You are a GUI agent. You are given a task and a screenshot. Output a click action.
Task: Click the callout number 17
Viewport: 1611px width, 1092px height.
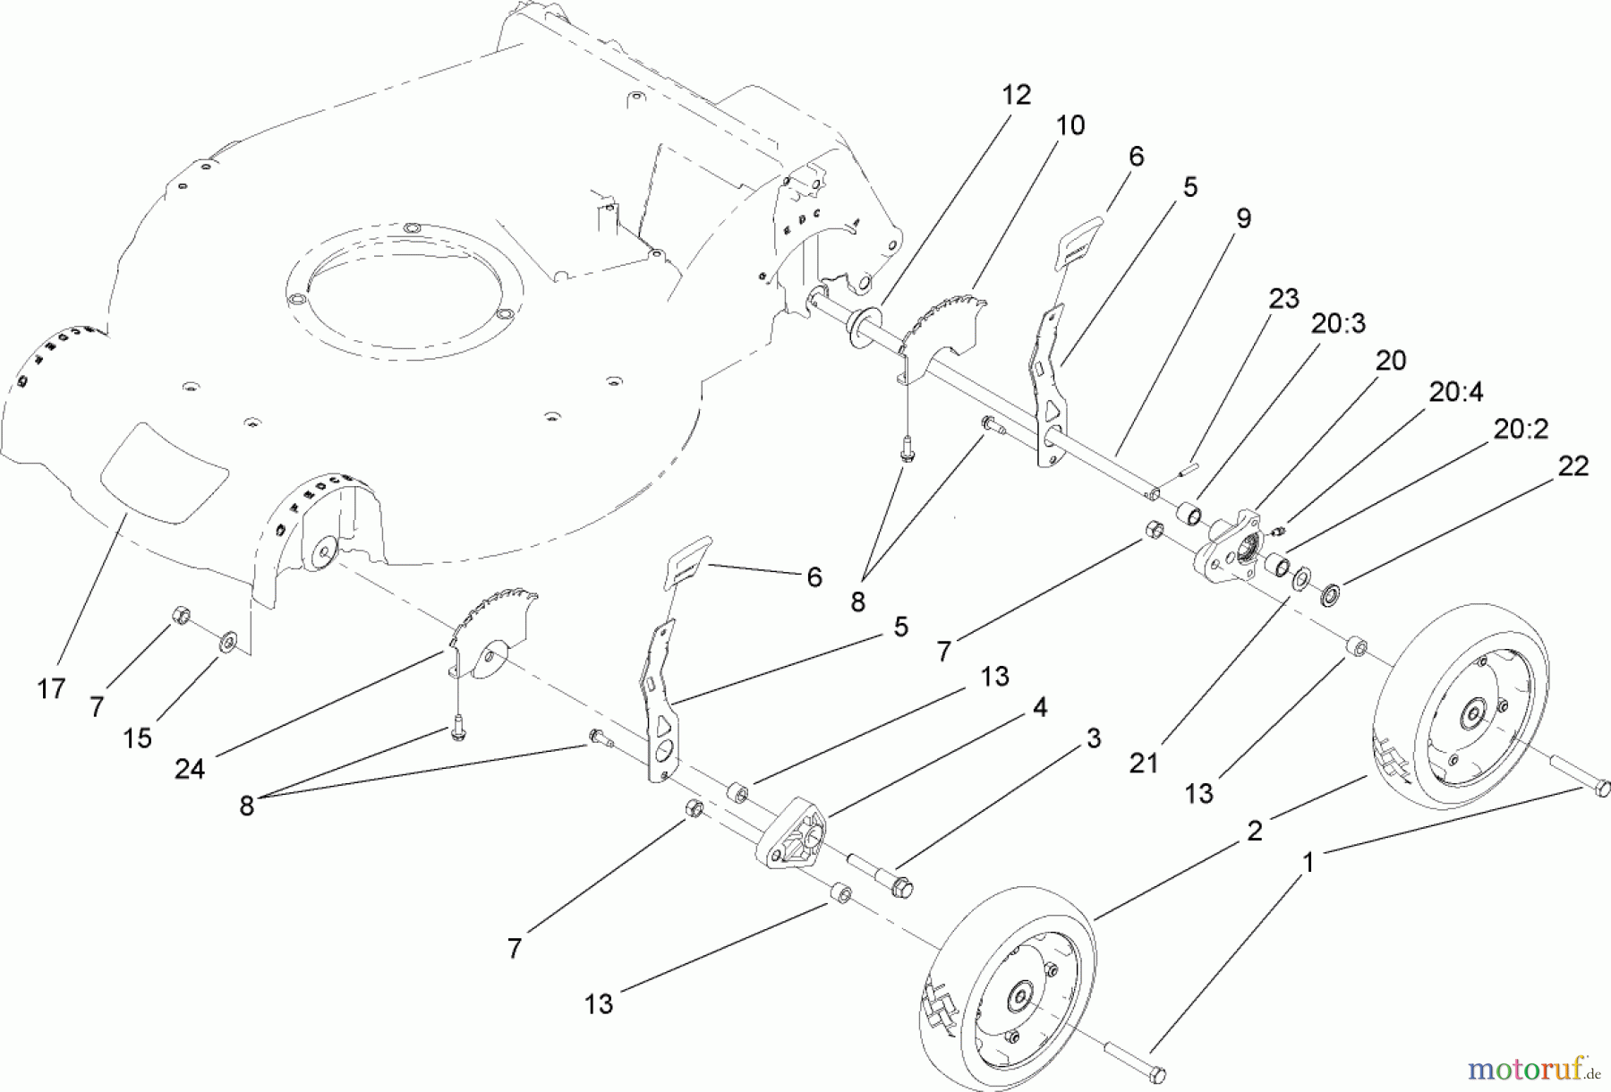coord(51,688)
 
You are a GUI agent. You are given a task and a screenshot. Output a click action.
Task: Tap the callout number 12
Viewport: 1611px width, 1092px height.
coord(1016,95)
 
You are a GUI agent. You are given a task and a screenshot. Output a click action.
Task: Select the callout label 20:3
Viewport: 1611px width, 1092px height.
coord(1339,324)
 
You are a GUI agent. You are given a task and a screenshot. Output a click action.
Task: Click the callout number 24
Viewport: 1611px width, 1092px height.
coord(190,769)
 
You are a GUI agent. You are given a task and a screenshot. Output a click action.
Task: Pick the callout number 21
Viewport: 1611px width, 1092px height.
coord(1144,764)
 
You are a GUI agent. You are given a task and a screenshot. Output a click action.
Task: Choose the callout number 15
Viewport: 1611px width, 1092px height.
coord(137,738)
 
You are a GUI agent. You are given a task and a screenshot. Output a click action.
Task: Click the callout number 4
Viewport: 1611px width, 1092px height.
coord(1039,707)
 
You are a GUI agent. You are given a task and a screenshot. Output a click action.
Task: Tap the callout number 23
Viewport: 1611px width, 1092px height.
coord(1283,298)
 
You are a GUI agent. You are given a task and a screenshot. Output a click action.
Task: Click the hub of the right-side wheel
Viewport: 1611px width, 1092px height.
coord(1472,713)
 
